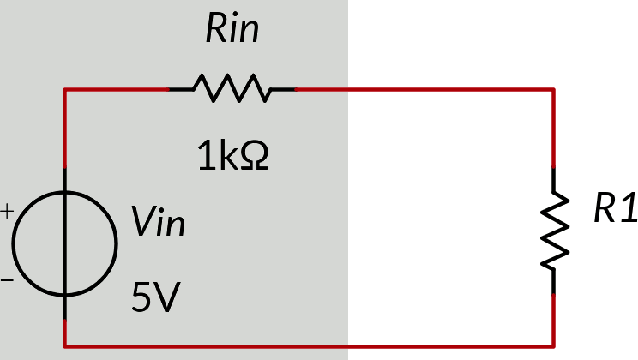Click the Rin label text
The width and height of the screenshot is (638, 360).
pyautogui.click(x=232, y=31)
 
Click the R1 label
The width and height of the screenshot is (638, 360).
pyautogui.click(x=615, y=210)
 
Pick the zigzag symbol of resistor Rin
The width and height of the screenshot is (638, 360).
pyautogui.click(x=232, y=87)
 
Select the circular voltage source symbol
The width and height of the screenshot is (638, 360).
pyautogui.click(x=65, y=244)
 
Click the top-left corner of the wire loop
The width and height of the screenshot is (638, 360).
pyautogui.click(x=65, y=88)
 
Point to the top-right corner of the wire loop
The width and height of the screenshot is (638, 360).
pyautogui.click(x=553, y=88)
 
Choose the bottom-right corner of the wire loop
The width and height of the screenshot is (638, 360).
pyautogui.click(x=553, y=346)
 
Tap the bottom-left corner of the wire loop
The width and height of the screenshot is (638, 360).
pyautogui.click(x=65, y=346)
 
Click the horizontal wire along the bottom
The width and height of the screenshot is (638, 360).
pyautogui.click(x=309, y=346)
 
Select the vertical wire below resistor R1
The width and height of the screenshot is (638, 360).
pyautogui.click(x=553, y=317)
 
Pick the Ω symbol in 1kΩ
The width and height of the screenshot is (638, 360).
pyautogui.click(x=255, y=156)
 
